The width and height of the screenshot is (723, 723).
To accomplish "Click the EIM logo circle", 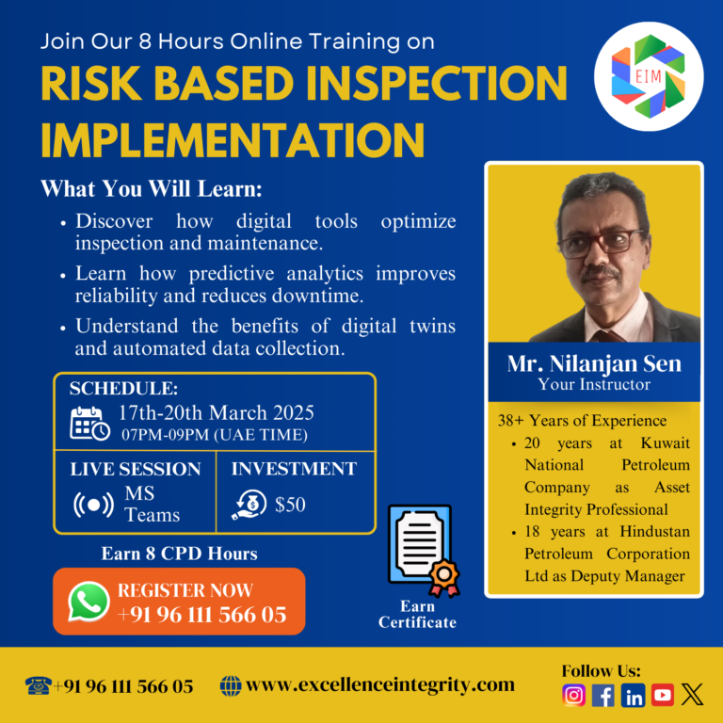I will click(649, 76).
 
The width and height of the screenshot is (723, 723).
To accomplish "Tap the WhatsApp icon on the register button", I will click(89, 602).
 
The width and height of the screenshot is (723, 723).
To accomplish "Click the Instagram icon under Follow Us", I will click(574, 695).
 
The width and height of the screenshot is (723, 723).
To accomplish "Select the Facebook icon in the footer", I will click(603, 695).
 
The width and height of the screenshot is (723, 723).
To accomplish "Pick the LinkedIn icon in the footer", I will click(633, 695).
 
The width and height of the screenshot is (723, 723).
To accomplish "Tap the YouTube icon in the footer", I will click(663, 695).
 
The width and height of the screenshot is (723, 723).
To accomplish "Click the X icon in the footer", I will click(693, 695).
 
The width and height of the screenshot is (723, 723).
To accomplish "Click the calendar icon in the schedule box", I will click(90, 423).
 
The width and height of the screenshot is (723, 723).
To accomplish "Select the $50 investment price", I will click(290, 505).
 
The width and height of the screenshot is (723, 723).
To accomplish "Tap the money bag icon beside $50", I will click(249, 505).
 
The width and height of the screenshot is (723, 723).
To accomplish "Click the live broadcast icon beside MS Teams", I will click(93, 505).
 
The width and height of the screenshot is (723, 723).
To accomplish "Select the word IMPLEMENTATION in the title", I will click(232, 139).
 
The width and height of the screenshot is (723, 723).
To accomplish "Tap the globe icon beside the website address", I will click(230, 685).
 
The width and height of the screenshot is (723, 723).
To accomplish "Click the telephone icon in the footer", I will click(38, 685).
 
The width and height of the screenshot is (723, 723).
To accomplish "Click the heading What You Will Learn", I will click(151, 188).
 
